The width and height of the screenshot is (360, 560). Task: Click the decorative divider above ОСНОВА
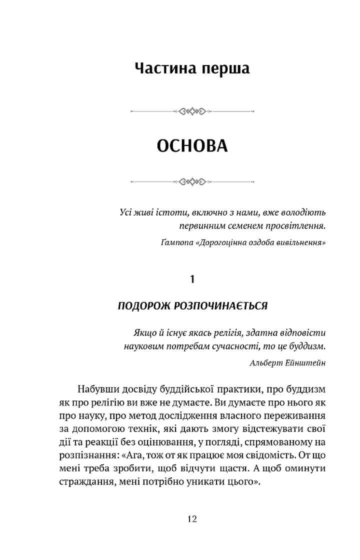pos(192,110)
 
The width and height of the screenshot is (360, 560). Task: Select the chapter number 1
pos(193,280)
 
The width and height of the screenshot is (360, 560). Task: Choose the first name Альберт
pos(266,363)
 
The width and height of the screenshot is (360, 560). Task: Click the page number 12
pos(192,518)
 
